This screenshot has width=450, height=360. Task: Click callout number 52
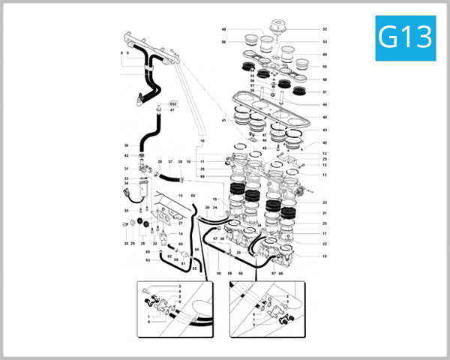click(x=325, y=29)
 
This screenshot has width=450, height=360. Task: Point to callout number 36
click(x=127, y=145)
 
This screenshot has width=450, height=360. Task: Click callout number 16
click(x=202, y=140)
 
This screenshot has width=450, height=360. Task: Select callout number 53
click(x=325, y=41)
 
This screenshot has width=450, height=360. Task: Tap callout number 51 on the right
click(x=325, y=92)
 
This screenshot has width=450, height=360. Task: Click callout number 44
click(x=325, y=104)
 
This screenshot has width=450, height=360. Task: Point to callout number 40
click(x=325, y=118)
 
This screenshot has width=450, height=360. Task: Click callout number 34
click(x=127, y=183)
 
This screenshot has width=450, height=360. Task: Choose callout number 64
click(x=193, y=196)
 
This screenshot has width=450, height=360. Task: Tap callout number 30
click(x=126, y=244)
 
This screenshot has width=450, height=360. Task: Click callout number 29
click(x=133, y=244)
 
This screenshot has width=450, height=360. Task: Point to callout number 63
click(x=148, y=260)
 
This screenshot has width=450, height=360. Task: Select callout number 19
click(x=325, y=256)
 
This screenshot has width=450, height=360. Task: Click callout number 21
click(x=325, y=213)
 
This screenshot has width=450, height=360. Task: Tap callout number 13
click(x=325, y=175)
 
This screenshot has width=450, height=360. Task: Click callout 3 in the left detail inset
click(x=180, y=286)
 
